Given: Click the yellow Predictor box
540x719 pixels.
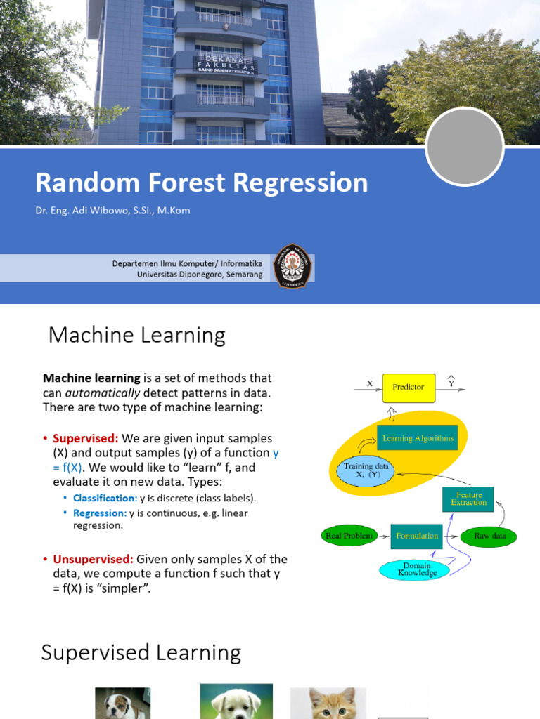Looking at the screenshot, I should (408, 388).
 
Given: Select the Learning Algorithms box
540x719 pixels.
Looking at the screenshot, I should (418, 439).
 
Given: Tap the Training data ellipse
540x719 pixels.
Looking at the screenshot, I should (366, 470).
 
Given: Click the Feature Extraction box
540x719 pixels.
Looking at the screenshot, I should (468, 499).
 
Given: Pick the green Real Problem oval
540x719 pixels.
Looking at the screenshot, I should (348, 536).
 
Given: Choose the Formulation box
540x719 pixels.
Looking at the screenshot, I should (417, 536).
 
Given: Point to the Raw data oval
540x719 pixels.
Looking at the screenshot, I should (490, 536).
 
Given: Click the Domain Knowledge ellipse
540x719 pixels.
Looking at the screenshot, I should (417, 569).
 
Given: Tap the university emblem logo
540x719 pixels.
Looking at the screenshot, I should (290, 265).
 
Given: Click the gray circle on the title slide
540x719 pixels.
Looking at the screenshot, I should (465, 147).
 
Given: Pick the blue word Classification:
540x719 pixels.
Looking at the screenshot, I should (105, 498).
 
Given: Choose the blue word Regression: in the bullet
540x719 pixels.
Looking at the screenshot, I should (100, 513).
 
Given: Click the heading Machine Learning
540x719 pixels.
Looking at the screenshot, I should (136, 335).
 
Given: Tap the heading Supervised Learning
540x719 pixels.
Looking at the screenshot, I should (141, 652).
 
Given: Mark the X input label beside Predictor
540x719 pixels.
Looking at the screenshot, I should (370, 383).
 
